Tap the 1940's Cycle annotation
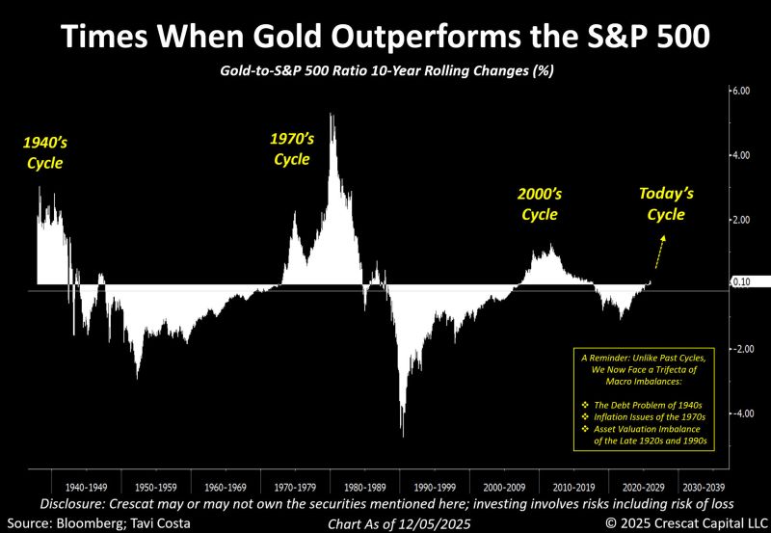click(44, 152)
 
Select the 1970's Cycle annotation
click(292, 148)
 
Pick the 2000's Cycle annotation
click(539, 203)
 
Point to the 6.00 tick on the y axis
click(740, 91)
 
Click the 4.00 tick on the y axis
click(740, 155)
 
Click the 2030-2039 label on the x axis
click(705, 488)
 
